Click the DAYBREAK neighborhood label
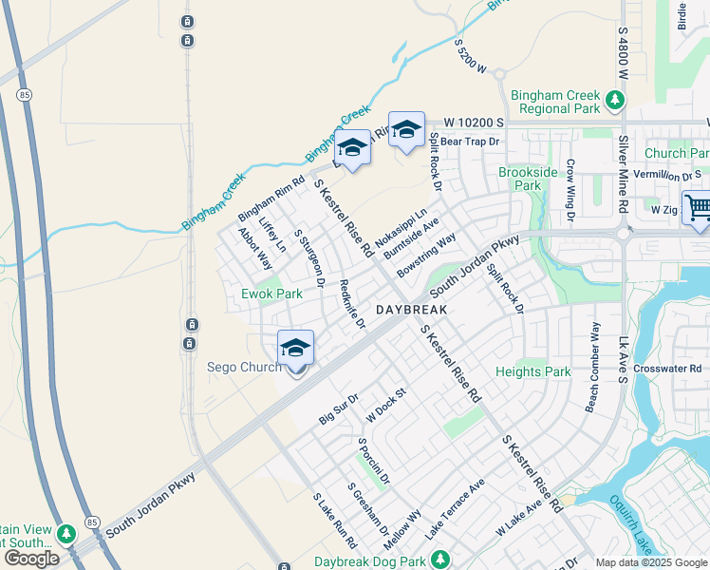tap(411, 311)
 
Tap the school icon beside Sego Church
tap(295, 349)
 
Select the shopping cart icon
tap(698, 207)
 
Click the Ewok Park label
tap(271, 294)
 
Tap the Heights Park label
tap(533, 371)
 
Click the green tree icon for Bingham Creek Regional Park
tap(615, 98)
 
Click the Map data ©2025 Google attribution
tap(650, 562)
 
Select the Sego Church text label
tap(244, 368)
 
